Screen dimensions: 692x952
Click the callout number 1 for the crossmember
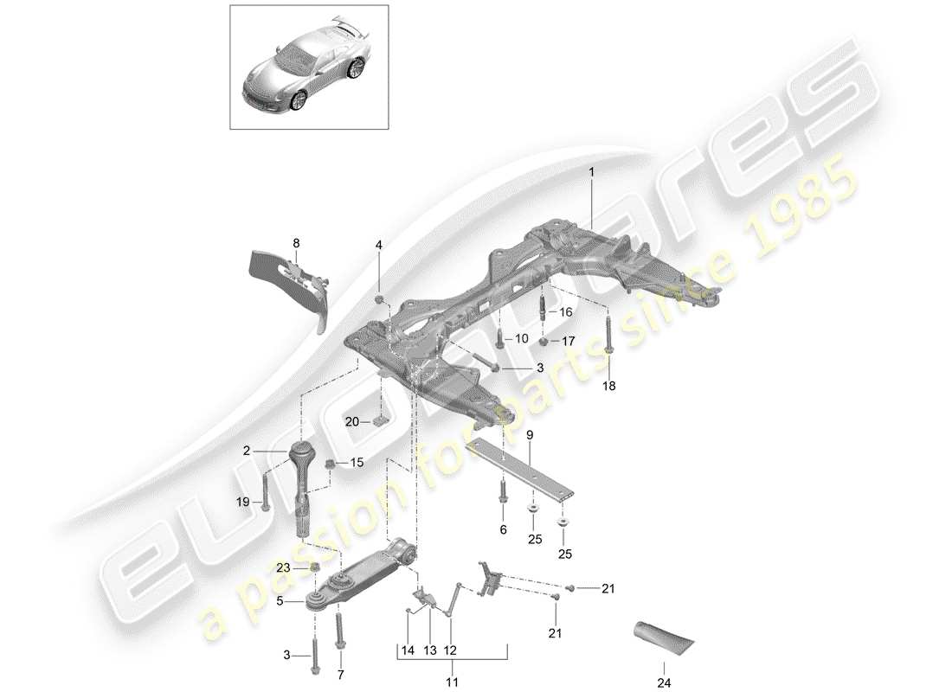pos(592,173)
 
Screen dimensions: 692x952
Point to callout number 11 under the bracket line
pos(452,668)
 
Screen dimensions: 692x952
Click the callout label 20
pos(351,421)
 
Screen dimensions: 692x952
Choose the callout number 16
pos(566,312)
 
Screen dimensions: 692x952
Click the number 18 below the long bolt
pos(609,387)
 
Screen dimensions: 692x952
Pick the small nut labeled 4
pos(379,299)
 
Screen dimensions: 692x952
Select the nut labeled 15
pos(330,465)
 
